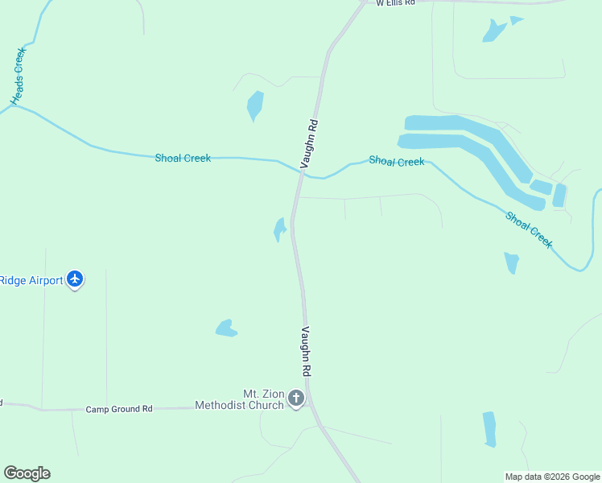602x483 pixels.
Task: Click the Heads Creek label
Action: (19, 76)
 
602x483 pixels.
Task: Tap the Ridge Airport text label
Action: (31, 280)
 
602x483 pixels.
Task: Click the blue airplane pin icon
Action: (75, 279)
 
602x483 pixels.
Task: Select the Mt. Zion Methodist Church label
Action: (240, 399)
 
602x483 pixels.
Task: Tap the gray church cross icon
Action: (296, 398)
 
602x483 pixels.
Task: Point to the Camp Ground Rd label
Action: (119, 409)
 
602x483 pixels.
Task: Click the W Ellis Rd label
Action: (395, 3)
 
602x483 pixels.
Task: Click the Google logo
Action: (27, 473)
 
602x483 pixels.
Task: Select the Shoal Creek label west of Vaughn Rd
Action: (183, 159)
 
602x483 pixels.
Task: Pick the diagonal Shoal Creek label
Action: (529, 229)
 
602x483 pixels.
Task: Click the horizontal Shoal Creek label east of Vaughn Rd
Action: (396, 161)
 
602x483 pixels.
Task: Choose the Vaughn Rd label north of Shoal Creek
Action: (311, 143)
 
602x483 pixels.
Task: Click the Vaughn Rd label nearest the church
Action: (306, 352)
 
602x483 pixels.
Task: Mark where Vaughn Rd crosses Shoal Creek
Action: (300, 171)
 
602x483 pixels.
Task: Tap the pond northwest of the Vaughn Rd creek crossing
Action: (255, 105)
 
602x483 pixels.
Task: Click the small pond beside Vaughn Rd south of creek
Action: (279, 229)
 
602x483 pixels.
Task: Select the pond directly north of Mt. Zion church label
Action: (226, 328)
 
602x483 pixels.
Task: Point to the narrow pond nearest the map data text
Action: (489, 429)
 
